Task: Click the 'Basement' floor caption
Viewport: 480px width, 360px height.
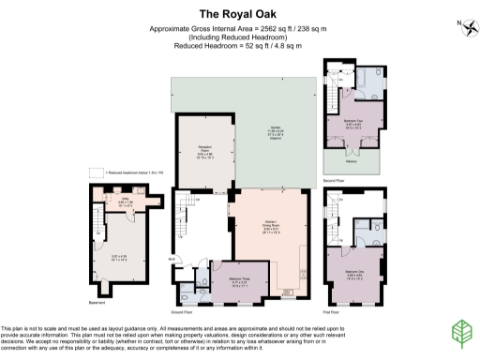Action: click(98, 302)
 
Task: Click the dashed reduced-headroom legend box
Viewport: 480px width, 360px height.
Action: click(94, 172)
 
